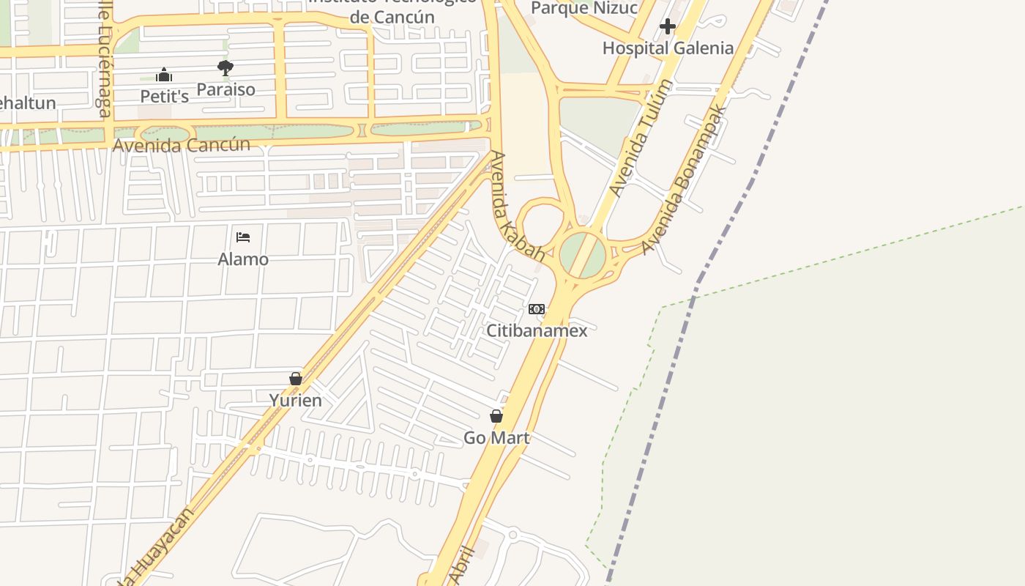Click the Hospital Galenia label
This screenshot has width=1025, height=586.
[668, 48]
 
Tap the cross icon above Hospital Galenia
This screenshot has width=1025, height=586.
[667, 27]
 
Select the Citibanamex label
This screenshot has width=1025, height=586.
[537, 330]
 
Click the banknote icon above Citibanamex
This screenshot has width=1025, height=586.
[537, 309]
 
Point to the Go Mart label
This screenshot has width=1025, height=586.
[496, 438]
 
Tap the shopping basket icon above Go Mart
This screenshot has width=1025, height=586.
[496, 416]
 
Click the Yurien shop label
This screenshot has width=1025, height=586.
[295, 400]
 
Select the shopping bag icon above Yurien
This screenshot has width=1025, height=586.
[296, 379]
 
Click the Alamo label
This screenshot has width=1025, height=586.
[243, 259]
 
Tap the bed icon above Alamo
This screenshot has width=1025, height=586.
[243, 237]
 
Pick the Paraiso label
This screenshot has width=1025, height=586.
[225, 89]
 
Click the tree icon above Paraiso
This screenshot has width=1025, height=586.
[225, 68]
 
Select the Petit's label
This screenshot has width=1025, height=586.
[165, 97]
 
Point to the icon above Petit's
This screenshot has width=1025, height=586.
[165, 75]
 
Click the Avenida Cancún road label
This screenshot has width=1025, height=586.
[181, 144]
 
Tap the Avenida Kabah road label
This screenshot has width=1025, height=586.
[518, 207]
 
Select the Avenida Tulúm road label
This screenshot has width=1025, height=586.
[641, 138]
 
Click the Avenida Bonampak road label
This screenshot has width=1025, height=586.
[684, 179]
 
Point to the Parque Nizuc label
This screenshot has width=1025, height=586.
[584, 8]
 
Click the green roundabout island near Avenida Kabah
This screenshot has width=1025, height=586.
[583, 255]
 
